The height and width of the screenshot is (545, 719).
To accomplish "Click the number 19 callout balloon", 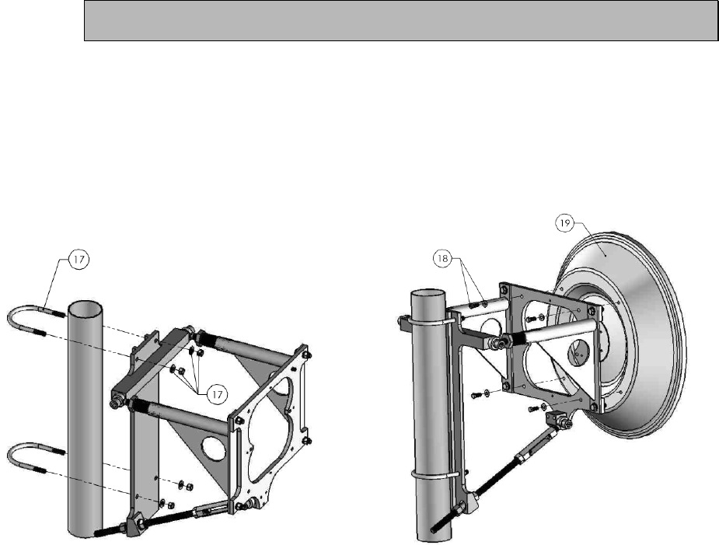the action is coord(565,223).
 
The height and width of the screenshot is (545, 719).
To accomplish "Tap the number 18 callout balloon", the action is coord(442,259).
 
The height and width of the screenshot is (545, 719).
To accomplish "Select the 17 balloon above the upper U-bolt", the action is coord(79,260).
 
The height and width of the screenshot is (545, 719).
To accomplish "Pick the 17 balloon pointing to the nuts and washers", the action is coord(217,394).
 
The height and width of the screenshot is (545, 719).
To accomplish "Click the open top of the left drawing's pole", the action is coord(85,308).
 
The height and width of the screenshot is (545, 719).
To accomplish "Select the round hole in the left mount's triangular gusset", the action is coord(214,449).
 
